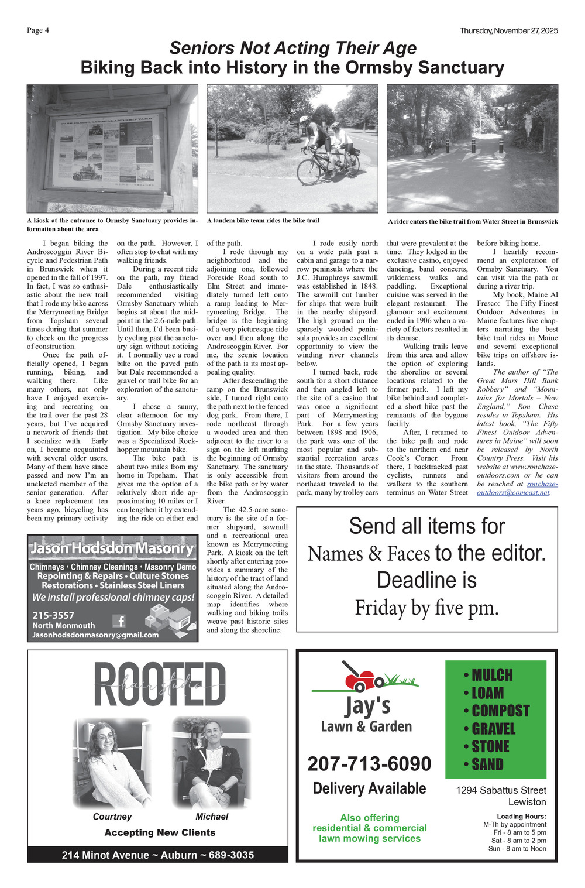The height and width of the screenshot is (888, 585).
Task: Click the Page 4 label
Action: [37, 30]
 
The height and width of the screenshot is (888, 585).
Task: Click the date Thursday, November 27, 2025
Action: [508, 30]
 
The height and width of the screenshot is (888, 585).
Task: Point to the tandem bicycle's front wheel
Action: [309, 172]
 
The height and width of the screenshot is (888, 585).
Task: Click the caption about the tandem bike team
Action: [263, 221]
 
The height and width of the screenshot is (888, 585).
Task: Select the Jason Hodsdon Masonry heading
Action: [112, 548]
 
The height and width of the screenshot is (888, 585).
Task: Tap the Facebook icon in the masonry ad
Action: [119, 621]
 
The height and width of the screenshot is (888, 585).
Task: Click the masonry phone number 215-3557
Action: [53, 615]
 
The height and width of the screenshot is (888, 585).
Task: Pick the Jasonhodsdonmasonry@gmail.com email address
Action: [95, 635]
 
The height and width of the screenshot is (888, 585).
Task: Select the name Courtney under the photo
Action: [112, 817]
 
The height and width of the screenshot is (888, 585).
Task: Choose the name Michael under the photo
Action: [212, 817]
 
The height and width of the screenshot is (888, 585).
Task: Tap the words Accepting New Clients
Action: [160, 832]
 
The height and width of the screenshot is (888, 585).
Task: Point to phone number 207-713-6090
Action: [369, 764]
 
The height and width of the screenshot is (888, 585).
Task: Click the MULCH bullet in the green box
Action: [488, 676]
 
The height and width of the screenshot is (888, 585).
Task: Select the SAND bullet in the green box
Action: [484, 764]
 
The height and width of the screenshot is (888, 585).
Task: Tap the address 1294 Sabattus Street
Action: [501, 790]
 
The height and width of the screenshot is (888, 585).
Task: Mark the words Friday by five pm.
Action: [426, 608]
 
